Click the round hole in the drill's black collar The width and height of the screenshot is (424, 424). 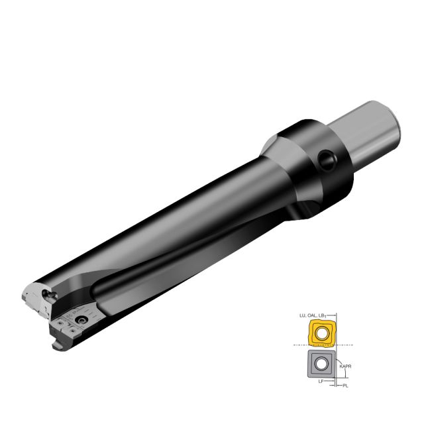(326, 160)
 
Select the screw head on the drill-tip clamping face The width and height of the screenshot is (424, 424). (81, 321)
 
